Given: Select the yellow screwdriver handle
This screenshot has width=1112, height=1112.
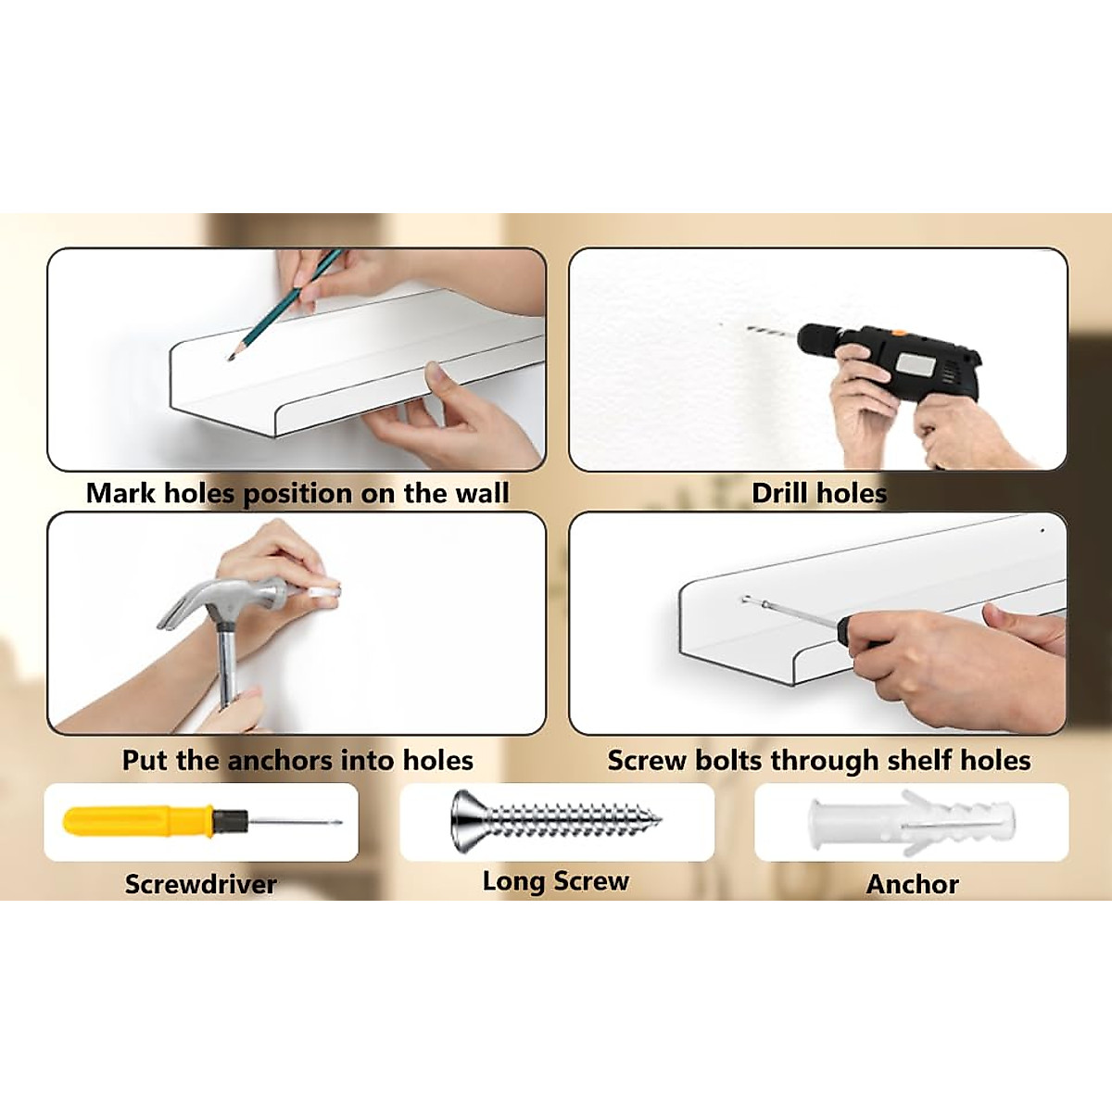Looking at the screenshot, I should pyautogui.click(x=139, y=821).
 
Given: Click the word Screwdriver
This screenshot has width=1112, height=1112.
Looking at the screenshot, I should pyautogui.click(x=201, y=884).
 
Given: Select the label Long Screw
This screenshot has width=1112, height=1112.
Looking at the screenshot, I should pyautogui.click(x=556, y=881).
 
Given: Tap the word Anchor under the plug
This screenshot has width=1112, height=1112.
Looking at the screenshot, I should pyautogui.click(x=912, y=884).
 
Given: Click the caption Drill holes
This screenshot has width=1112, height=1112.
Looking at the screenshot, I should pyautogui.click(x=819, y=493).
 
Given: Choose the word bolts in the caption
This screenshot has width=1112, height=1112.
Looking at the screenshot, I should pyautogui.click(x=729, y=761).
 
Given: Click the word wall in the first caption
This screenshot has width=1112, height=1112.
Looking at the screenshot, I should pyautogui.click(x=482, y=493).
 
